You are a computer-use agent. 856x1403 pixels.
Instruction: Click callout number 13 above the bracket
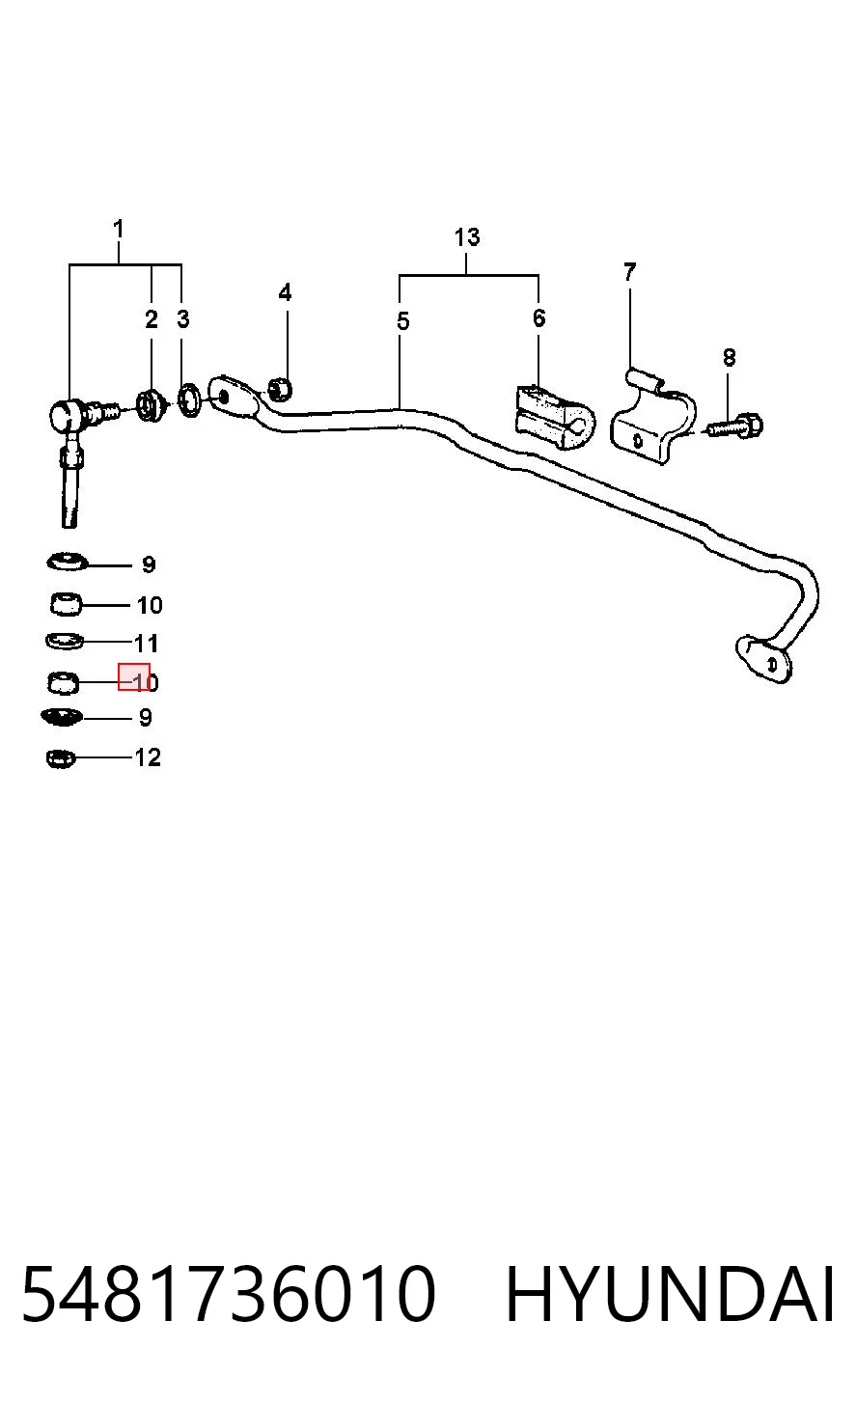(x=467, y=236)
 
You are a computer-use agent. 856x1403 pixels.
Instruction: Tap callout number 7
(x=630, y=272)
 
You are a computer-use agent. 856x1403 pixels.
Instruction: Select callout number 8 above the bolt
(x=729, y=357)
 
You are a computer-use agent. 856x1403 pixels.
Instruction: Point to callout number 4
(x=285, y=292)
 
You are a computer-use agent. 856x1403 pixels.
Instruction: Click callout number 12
(x=148, y=757)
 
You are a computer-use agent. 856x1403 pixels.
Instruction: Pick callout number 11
(x=146, y=644)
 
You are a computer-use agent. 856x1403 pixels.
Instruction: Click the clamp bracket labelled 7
(x=653, y=416)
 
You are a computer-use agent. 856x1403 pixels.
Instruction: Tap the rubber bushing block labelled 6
(x=554, y=418)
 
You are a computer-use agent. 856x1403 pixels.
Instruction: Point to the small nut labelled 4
(x=280, y=389)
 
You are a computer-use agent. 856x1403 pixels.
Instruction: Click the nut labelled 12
(x=61, y=759)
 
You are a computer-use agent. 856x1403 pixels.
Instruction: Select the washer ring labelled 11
(x=65, y=642)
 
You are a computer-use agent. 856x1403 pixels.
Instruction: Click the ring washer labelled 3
(x=190, y=401)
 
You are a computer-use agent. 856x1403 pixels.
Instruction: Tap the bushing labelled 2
(x=151, y=405)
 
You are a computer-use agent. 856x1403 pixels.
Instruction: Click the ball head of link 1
(x=66, y=415)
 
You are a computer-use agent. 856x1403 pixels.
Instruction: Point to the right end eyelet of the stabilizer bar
(x=763, y=659)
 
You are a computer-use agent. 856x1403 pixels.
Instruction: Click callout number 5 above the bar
(x=403, y=321)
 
